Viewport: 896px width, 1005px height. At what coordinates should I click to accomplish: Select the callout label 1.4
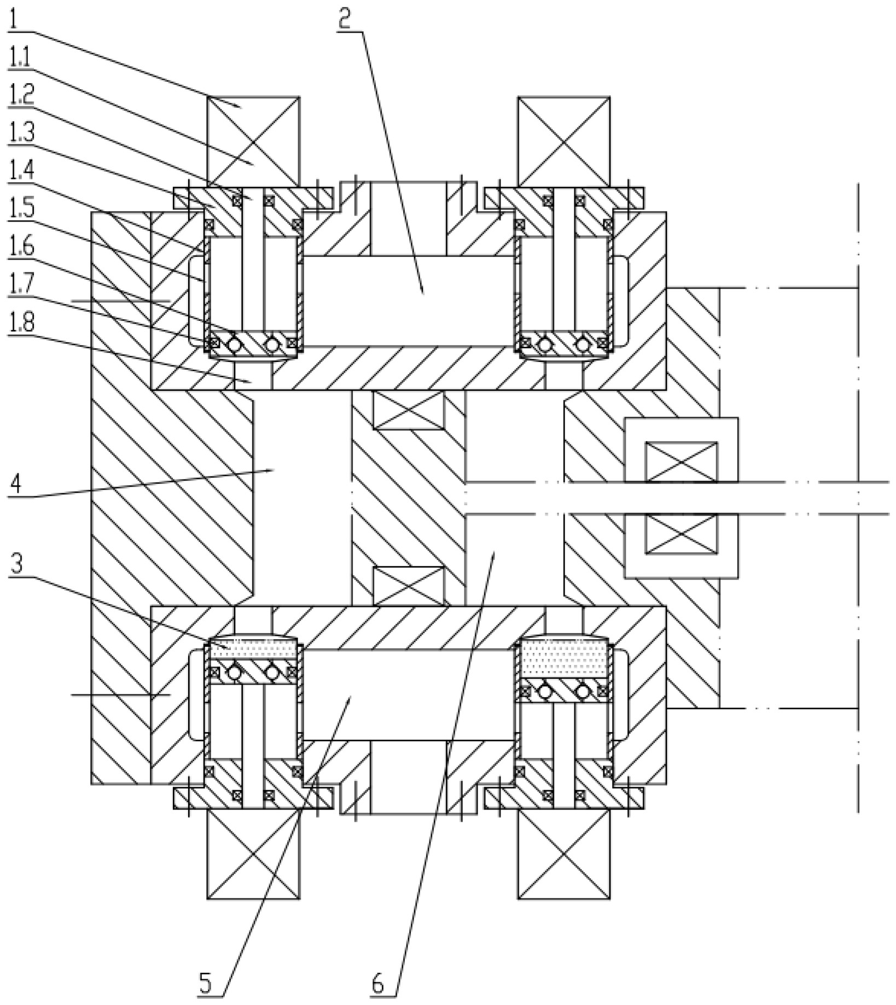(21, 171)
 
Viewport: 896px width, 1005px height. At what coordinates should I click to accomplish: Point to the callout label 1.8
(21, 324)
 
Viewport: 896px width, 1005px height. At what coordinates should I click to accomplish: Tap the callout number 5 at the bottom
(205, 984)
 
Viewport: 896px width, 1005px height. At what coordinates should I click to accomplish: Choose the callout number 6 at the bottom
(377, 984)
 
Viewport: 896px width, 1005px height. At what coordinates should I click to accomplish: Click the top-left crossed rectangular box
(253, 142)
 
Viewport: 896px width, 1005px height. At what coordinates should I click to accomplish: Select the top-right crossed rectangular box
(564, 142)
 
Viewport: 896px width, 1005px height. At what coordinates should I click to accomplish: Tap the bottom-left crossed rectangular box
(253, 854)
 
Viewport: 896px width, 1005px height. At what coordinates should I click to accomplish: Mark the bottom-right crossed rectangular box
(564, 854)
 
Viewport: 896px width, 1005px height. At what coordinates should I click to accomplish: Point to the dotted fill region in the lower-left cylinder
(253, 650)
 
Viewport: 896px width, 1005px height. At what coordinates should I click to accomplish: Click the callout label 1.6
(21, 247)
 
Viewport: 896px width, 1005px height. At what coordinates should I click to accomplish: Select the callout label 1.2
(21, 95)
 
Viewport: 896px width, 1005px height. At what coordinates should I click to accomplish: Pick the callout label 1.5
(21, 209)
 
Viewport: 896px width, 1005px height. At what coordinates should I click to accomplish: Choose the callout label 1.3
(21, 133)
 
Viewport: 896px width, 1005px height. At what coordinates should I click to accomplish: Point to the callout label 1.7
(21, 285)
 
